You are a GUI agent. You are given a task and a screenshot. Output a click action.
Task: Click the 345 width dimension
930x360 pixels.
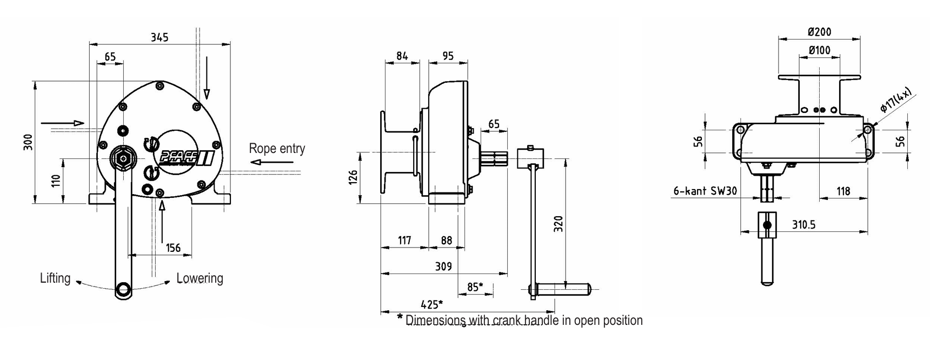coord(160,37)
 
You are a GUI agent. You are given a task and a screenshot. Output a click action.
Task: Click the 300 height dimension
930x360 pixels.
coord(29,142)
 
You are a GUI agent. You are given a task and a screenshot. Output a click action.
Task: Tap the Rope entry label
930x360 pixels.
coord(277,148)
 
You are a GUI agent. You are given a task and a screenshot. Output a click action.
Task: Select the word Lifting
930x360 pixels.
coord(55,278)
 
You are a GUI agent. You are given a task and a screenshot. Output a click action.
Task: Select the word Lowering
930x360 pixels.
coord(200,278)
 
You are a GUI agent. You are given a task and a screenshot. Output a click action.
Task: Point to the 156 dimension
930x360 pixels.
coord(173,248)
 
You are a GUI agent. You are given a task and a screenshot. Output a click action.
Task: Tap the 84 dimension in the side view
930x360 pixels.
coord(402,56)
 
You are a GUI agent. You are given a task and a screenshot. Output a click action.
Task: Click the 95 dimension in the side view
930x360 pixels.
coord(448,56)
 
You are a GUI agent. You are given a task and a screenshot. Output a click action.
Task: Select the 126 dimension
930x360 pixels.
coord(353,177)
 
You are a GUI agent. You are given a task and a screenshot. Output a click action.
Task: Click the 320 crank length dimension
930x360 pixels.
coord(559,224)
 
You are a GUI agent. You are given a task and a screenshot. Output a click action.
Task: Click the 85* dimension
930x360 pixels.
coord(475,287)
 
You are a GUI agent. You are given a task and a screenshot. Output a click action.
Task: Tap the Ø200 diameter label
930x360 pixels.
coord(819,32)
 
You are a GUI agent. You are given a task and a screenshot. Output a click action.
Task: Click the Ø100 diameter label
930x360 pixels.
coord(819,50)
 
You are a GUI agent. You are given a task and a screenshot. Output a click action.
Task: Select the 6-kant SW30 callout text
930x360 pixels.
coord(705,191)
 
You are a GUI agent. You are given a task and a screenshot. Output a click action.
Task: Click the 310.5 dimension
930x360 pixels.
coord(803,224)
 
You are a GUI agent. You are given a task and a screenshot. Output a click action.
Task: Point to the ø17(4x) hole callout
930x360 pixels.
coord(895,101)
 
